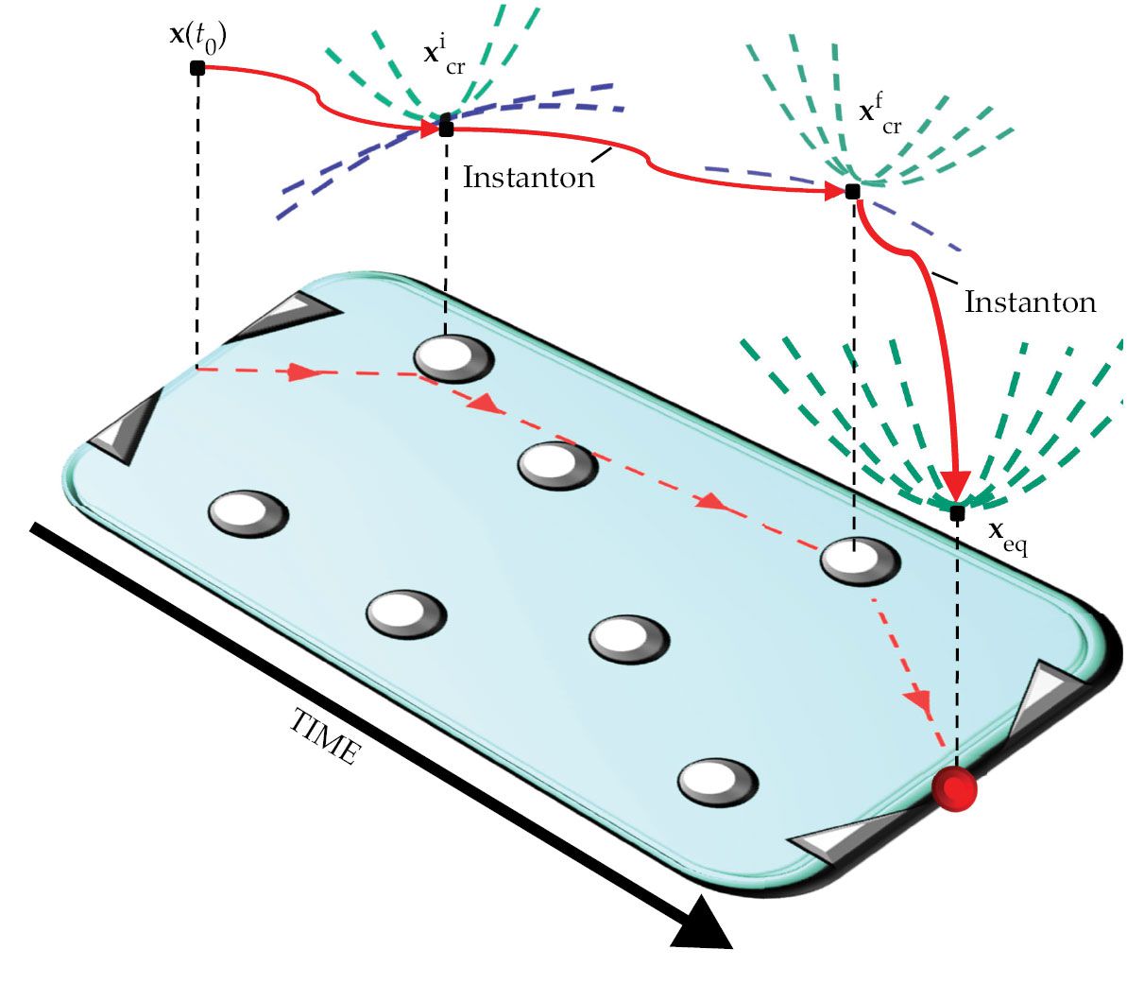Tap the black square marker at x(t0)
(x=197, y=67)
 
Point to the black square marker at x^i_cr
(x=446, y=128)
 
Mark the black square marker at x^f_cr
(x=852, y=191)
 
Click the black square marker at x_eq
(x=957, y=512)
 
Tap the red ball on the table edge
(x=953, y=789)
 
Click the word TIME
(x=324, y=736)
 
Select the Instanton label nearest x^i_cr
(x=528, y=177)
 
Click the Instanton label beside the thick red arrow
(x=1030, y=302)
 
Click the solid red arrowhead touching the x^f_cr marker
(x=833, y=191)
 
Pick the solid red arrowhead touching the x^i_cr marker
(x=428, y=127)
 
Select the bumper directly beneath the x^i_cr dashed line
(x=453, y=358)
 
